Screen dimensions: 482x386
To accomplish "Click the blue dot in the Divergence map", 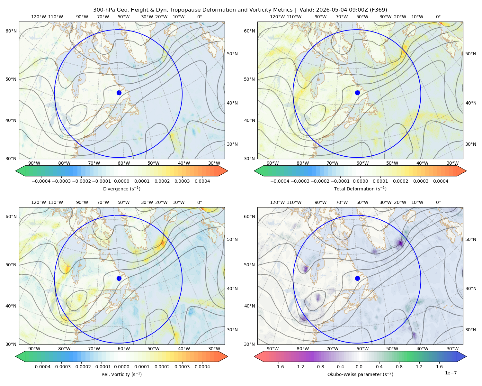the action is [x=119, y=93].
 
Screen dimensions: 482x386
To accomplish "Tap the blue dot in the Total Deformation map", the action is [x=357, y=93].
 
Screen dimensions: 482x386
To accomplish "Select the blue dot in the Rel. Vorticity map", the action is [x=119, y=278].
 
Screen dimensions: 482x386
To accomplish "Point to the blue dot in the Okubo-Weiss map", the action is [x=357, y=278].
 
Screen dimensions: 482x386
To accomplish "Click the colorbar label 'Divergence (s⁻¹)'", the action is [x=121, y=188].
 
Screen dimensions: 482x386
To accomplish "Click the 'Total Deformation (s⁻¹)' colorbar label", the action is [x=360, y=188].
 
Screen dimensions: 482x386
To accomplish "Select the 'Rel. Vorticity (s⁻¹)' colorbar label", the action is [x=121, y=374].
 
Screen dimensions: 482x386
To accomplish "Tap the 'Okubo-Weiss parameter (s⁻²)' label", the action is [x=360, y=374].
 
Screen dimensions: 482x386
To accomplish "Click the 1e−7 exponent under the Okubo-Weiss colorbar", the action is [x=451, y=373].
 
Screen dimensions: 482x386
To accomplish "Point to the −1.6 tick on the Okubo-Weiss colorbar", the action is [x=279, y=367].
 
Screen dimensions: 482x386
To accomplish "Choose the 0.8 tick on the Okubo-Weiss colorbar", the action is [x=399, y=367].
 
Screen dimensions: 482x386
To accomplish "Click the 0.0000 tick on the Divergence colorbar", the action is [x=121, y=181].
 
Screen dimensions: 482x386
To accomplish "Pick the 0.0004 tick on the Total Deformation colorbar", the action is [x=441, y=181].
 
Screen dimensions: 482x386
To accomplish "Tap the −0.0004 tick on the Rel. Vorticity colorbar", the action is [x=41, y=367].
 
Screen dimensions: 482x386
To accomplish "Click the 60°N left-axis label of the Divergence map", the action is [x=11, y=31].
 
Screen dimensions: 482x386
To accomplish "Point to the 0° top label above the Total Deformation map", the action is [x=438, y=17].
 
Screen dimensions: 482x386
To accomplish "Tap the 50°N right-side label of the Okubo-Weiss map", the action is [x=471, y=239].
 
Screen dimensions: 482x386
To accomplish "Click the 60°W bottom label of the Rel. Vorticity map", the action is [x=124, y=349].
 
